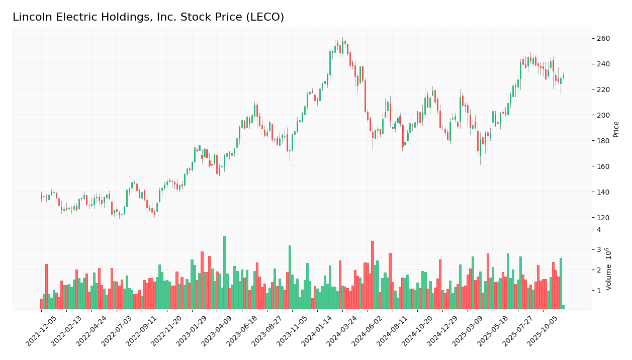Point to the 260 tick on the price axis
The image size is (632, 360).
[603, 39]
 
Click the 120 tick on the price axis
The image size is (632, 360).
[603, 218]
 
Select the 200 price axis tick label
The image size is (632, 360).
[603, 115]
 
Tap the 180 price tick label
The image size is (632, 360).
[603, 141]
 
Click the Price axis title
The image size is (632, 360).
[616, 129]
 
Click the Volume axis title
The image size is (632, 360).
[609, 268]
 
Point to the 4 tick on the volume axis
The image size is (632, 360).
[598, 229]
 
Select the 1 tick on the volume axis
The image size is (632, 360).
[598, 291]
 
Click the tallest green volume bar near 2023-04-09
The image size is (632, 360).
[225, 273]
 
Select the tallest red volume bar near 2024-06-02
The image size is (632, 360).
[373, 275]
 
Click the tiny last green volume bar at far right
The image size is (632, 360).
[563, 307]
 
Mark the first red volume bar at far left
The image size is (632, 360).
[42, 304]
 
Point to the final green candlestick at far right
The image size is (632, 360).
[563, 76]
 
